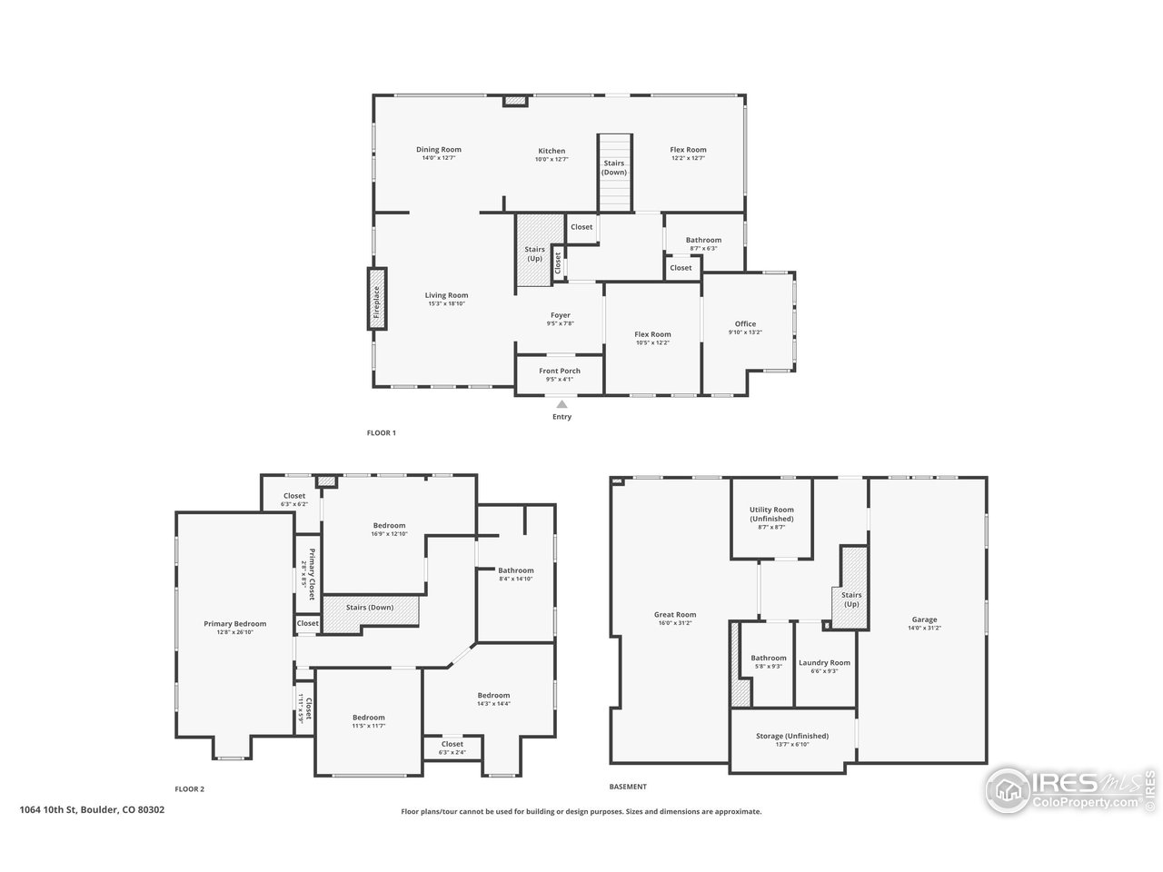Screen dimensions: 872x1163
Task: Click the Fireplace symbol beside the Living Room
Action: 377,297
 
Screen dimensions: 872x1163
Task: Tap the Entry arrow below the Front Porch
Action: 562,405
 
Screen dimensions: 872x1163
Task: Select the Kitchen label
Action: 552,151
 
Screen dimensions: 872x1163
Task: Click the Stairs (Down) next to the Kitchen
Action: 614,168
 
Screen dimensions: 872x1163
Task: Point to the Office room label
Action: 745,324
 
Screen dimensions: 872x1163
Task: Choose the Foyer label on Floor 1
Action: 560,315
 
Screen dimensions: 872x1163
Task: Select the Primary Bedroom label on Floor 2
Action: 234,624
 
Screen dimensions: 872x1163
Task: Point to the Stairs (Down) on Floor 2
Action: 370,608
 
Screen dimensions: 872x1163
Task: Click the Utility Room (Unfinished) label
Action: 771,514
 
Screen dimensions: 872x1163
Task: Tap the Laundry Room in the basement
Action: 824,663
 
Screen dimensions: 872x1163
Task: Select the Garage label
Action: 924,620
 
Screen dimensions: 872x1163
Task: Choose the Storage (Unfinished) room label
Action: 792,736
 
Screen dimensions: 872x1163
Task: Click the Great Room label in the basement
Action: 675,615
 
